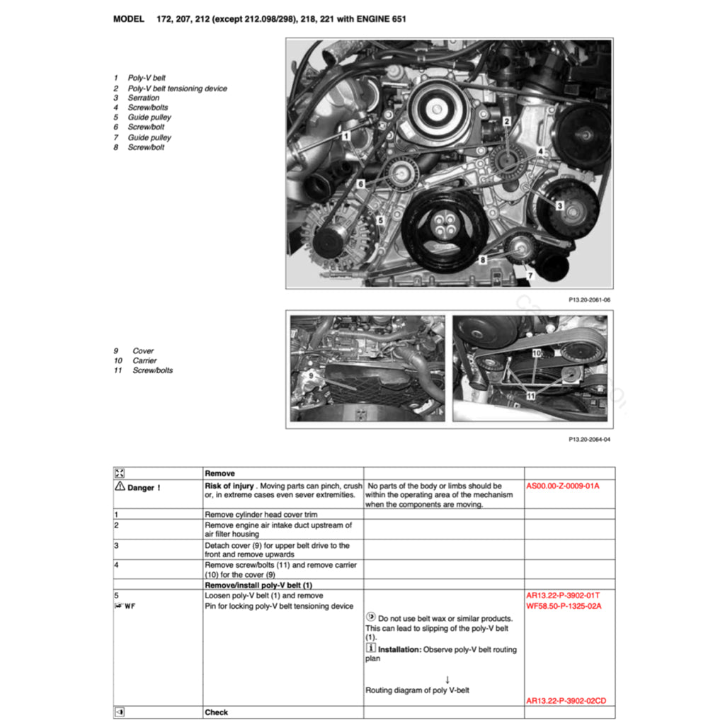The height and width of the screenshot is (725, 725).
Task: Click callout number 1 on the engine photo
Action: click(346, 135)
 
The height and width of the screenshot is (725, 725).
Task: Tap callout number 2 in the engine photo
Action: click(507, 121)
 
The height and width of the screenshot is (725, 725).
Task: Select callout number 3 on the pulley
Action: click(559, 206)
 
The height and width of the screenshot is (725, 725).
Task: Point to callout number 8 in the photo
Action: click(483, 260)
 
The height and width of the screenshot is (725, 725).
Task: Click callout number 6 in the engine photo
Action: click(360, 183)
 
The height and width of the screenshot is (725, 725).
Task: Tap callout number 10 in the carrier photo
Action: click(536, 352)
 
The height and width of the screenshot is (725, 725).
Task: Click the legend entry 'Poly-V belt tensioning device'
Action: click(177, 89)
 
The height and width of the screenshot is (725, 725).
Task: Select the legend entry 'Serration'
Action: click(143, 98)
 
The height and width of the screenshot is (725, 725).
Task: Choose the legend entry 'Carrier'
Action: click(144, 360)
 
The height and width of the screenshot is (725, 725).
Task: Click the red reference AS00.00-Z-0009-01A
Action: click(563, 486)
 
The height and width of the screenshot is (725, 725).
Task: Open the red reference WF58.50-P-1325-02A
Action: click(566, 606)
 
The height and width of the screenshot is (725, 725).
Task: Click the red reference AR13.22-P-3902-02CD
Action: click(566, 701)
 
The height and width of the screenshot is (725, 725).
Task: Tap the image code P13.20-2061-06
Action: click(589, 299)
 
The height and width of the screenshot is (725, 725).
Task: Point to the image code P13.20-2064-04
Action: click(589, 439)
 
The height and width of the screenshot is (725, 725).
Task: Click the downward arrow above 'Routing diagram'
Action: click(447, 679)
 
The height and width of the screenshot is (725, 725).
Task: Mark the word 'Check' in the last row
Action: click(216, 712)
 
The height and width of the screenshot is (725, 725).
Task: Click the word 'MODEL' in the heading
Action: click(129, 19)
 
